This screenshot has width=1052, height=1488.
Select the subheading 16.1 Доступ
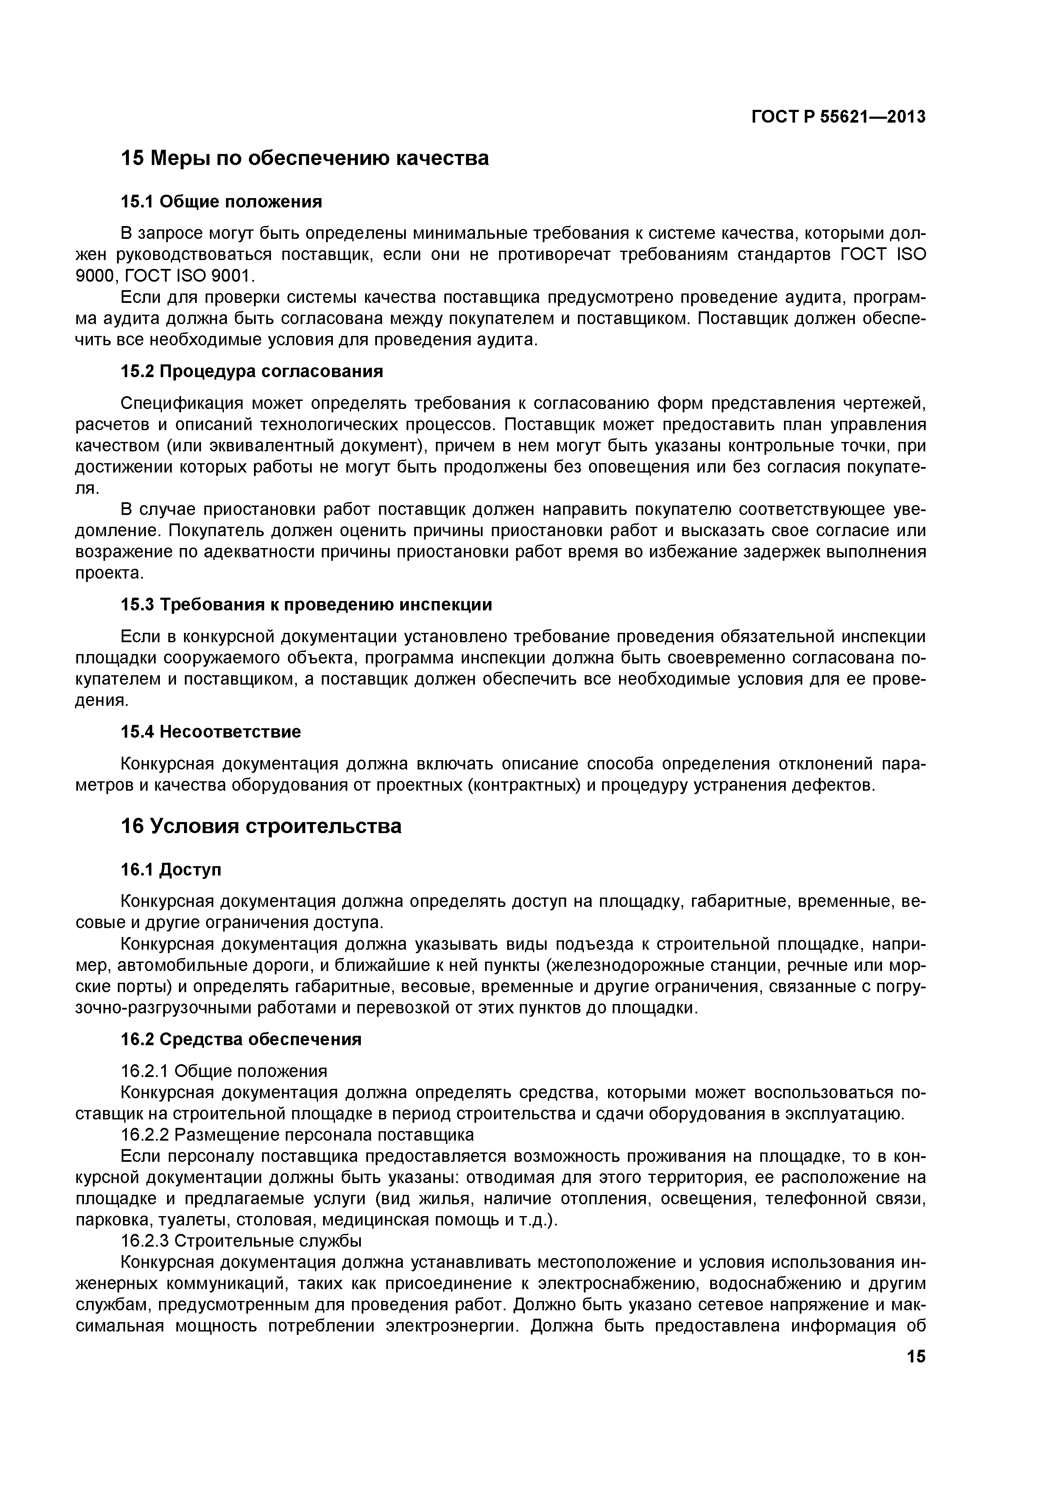click(171, 870)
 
